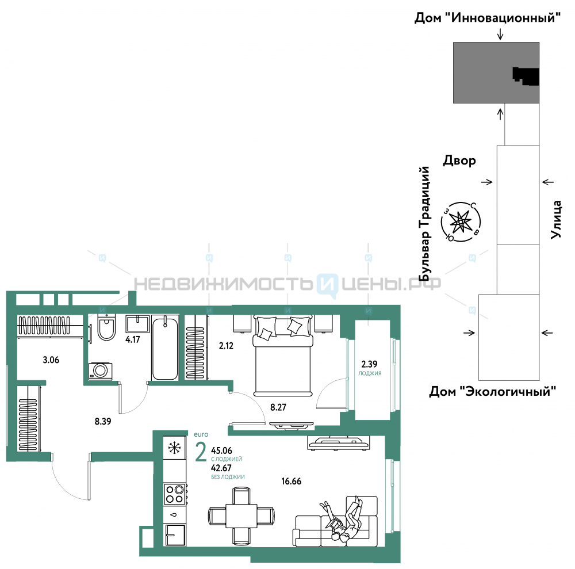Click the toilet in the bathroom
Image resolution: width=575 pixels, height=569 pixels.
[106, 327]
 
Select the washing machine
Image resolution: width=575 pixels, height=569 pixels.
[100, 371]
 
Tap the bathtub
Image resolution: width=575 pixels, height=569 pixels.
[165, 347]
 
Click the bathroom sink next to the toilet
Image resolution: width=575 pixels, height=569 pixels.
[137, 324]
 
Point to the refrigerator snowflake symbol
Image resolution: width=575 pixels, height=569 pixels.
[175, 447]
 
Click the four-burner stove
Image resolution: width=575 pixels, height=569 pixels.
[175, 494]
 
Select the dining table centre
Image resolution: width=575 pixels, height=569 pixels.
[241, 516]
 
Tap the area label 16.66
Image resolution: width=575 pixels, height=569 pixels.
[291, 481]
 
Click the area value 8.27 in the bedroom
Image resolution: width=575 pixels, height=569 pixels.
[278, 407]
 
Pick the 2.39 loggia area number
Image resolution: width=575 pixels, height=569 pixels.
[369, 364]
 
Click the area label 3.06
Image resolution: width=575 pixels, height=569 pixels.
[51, 360]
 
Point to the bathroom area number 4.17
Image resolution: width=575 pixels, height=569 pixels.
[132, 339]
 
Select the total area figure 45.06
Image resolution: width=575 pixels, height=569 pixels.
[221, 450]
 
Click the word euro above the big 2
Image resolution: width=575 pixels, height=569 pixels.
[201, 434]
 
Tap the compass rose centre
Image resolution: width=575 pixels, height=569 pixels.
[460, 222]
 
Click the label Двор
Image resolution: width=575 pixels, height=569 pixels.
[459, 161]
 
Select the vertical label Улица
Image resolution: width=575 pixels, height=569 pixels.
[556, 219]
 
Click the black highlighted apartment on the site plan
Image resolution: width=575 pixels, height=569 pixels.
[526, 76]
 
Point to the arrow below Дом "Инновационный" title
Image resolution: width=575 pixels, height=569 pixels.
[500, 34]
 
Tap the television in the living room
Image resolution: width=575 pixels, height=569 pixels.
[339, 443]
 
